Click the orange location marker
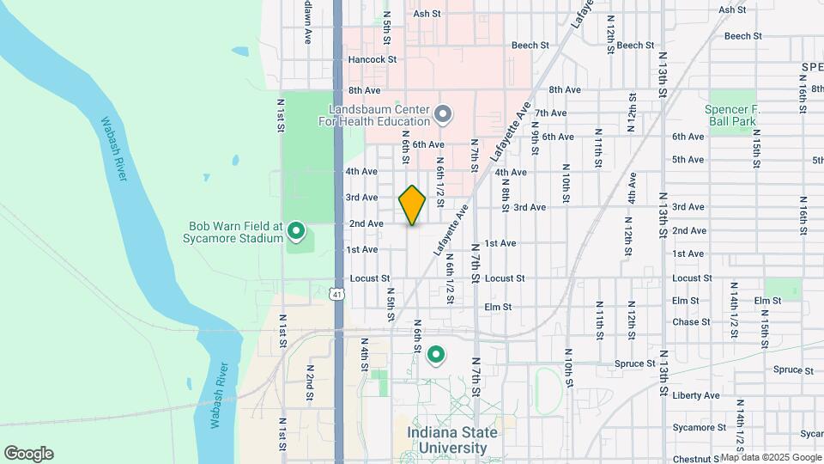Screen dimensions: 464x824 (x=413, y=205)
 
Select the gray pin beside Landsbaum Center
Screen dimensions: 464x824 (x=443, y=113)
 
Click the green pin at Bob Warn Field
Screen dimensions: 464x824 (x=297, y=230)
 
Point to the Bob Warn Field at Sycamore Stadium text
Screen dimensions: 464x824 (x=236, y=231)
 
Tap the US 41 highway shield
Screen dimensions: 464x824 (x=338, y=294)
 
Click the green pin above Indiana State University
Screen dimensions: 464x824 (x=436, y=354)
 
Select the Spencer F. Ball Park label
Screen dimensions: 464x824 (x=730, y=115)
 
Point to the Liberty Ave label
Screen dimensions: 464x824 (x=696, y=395)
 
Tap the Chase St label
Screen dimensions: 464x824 (x=691, y=322)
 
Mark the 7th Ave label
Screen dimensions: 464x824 (x=550, y=113)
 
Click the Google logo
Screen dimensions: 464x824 (x=28, y=454)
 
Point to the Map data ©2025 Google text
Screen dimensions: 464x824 (x=770, y=458)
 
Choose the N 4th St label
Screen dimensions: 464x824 (x=364, y=355)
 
